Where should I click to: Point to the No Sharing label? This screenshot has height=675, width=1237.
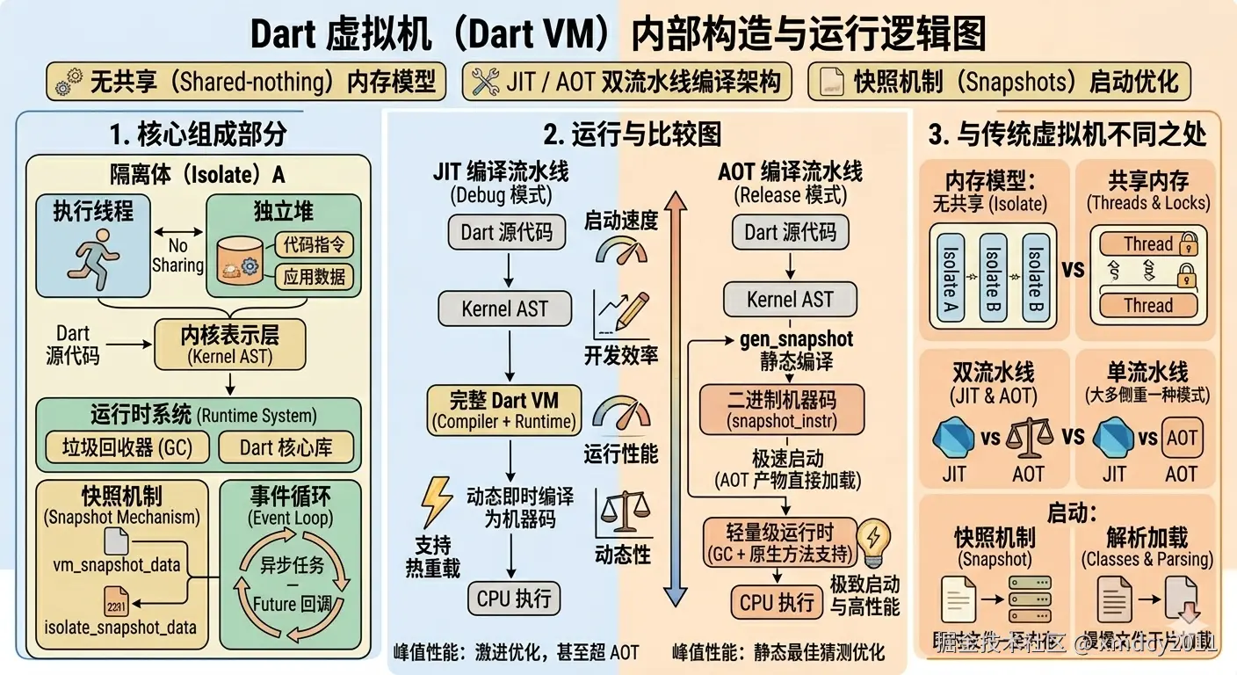[177, 256]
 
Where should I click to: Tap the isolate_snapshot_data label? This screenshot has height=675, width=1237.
[120, 628]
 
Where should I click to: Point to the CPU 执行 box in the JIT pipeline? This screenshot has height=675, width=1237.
[514, 599]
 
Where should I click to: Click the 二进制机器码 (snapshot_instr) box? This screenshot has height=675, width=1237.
[782, 410]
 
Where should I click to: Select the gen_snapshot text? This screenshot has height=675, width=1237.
[797, 338]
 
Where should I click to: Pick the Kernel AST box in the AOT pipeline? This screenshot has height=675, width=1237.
[790, 299]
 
